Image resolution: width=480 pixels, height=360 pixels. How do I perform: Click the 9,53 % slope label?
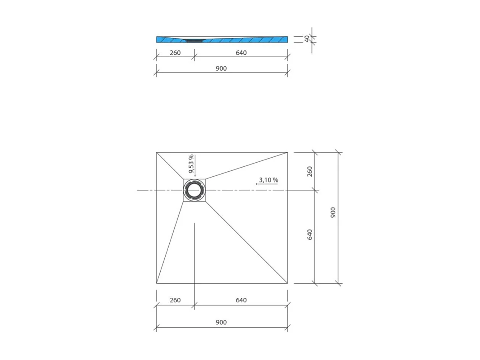click(x=191, y=164)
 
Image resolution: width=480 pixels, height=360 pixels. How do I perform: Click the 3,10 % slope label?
click(x=268, y=180)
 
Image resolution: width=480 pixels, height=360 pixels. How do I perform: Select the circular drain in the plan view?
click(x=194, y=190)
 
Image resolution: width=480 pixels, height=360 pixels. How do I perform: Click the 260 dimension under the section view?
click(x=175, y=53)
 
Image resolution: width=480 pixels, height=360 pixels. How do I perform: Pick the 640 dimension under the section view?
click(x=241, y=53)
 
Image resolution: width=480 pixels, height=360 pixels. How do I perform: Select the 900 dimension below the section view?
click(x=221, y=68)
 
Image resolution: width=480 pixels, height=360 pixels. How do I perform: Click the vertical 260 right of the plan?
click(x=310, y=171)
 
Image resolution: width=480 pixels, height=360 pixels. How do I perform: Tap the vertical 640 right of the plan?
click(x=310, y=234)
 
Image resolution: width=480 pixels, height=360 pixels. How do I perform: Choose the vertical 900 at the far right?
click(x=333, y=212)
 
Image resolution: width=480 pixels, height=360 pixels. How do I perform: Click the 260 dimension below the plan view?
click(x=175, y=300)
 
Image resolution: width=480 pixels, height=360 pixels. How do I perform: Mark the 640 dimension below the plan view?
click(x=241, y=300)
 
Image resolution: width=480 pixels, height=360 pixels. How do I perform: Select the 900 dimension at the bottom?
click(x=221, y=322)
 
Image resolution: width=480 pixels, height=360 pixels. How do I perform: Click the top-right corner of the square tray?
click(x=287, y=152)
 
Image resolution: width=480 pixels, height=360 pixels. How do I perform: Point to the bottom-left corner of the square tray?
click(x=156, y=283)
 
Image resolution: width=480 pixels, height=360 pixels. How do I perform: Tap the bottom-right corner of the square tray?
click(x=287, y=283)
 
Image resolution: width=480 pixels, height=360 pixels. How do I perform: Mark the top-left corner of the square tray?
click(x=156, y=152)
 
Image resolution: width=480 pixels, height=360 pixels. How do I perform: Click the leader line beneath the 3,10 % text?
click(x=267, y=184)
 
